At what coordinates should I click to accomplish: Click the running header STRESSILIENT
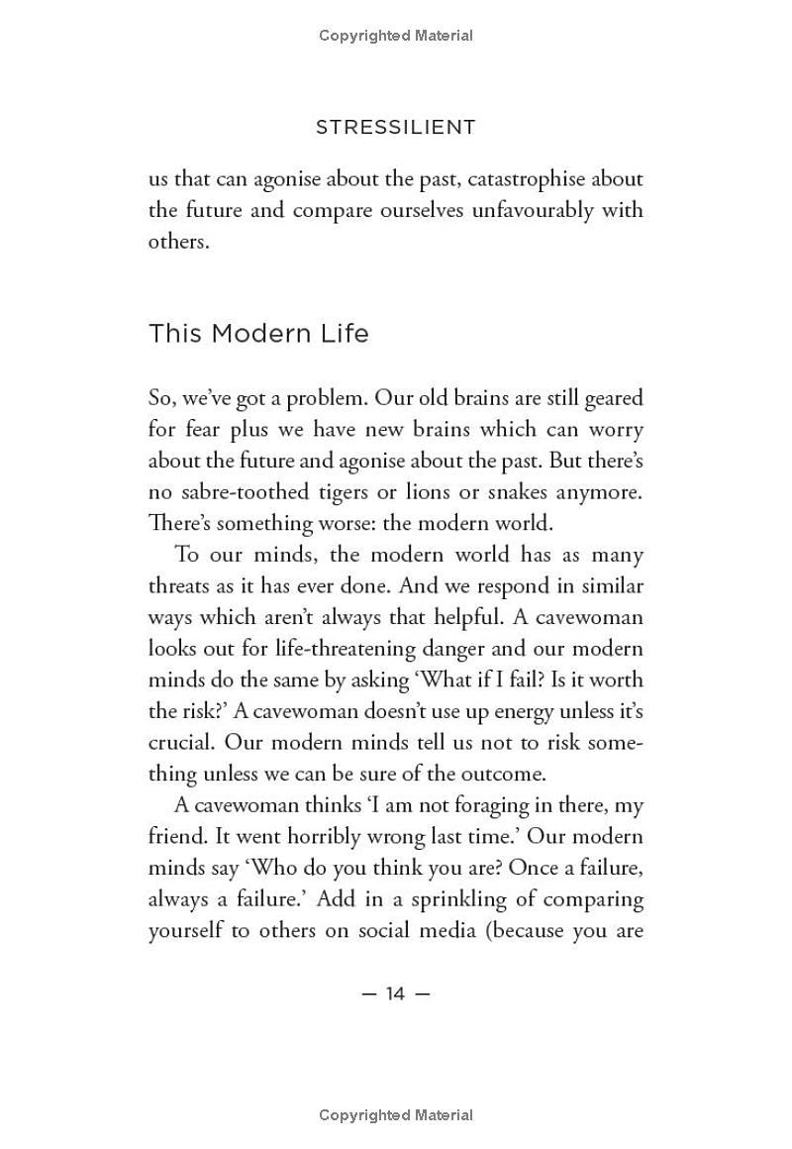(x=395, y=127)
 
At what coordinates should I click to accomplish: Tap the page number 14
(x=395, y=993)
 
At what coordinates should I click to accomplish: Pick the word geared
(x=611, y=398)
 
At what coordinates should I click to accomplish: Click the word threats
(x=184, y=586)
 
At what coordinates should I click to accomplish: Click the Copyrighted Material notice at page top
(x=395, y=36)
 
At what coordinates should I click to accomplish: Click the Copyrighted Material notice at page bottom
(x=395, y=1115)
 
